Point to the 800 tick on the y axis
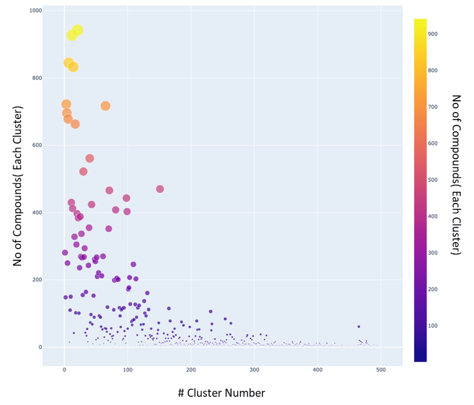pos(37,78)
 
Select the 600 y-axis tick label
pos(37,145)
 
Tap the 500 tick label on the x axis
pos(381,370)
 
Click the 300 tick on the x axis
pos(254,370)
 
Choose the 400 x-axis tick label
pos(317,370)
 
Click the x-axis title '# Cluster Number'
pos(221,393)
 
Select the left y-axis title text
pos(17,186)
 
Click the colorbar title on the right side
pos(456,175)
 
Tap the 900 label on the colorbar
pos(434,34)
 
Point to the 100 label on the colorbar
pos(434,326)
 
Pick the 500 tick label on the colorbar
pos(434,180)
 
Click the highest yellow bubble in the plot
pos(78,30)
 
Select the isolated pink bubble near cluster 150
pos(160,189)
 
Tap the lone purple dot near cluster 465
pos(359,327)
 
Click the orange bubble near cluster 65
pos(105,106)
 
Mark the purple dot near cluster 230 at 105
pos(210,312)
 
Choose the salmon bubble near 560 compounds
pos(90,159)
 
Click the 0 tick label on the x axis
pos(64,370)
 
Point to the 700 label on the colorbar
pos(434,107)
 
